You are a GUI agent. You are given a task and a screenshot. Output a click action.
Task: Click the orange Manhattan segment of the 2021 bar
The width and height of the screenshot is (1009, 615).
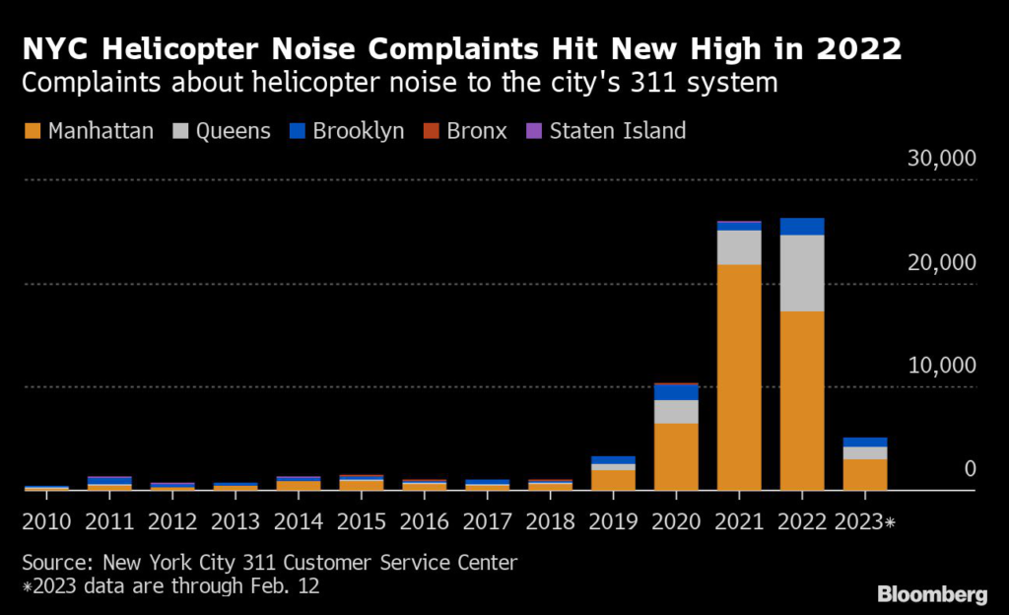coord(739,376)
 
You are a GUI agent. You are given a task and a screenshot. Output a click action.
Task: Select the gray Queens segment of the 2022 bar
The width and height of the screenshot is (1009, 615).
coord(802,273)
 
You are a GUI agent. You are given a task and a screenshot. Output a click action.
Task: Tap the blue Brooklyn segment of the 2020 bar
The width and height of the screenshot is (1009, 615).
coord(676,392)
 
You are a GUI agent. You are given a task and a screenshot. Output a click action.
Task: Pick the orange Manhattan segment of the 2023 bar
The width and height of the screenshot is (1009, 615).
coord(865,474)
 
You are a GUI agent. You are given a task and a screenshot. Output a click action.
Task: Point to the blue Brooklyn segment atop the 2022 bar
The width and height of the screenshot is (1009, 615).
coord(802,227)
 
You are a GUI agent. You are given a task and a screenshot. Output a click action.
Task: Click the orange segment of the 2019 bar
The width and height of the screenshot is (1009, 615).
coord(613,480)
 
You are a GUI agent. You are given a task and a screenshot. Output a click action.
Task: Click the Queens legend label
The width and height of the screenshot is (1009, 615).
coord(234,130)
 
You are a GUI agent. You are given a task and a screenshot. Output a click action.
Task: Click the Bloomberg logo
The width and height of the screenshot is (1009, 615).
coord(932,594)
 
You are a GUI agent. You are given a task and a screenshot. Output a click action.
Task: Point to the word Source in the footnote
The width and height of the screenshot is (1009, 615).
coord(55,563)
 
